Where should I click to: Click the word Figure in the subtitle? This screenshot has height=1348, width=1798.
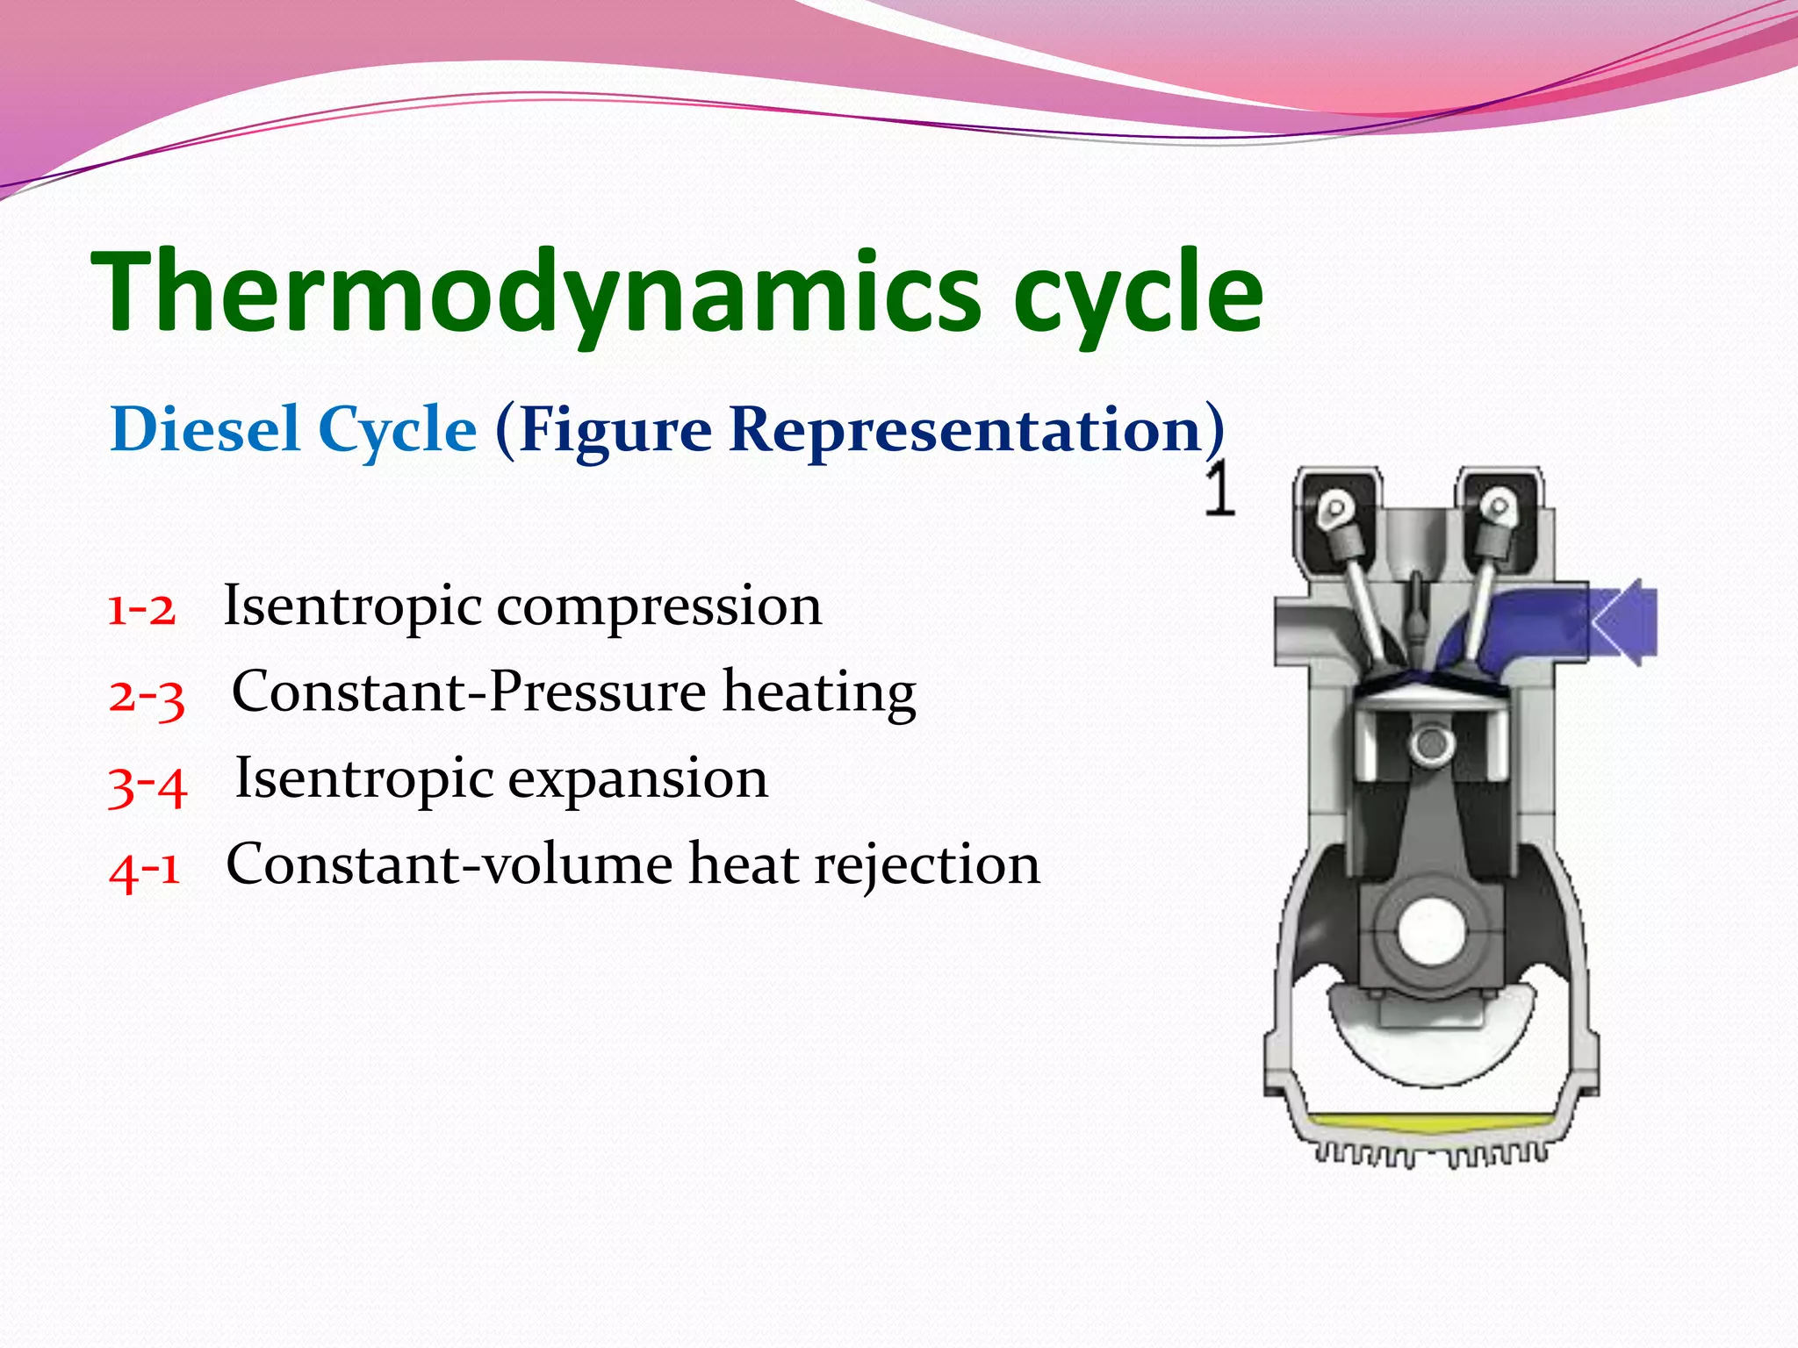(615, 430)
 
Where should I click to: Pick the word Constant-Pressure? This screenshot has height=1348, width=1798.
(469, 692)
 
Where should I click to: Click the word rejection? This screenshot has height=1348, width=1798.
(927, 864)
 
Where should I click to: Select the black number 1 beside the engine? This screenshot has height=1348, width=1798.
(1219, 489)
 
